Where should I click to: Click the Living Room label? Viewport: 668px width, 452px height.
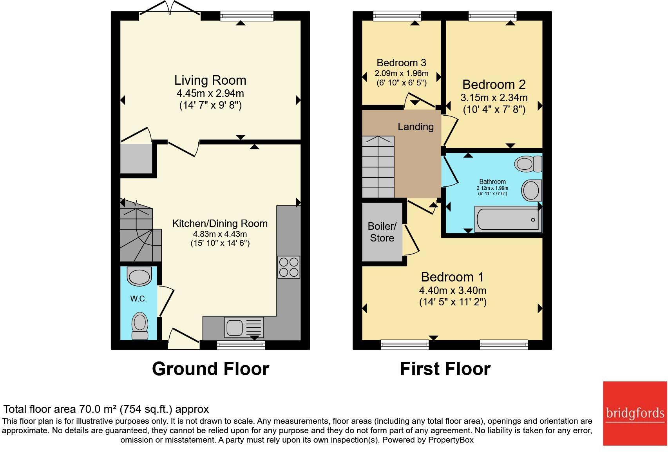pyautogui.click(x=210, y=80)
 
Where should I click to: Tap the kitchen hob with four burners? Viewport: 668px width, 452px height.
pyautogui.click(x=289, y=267)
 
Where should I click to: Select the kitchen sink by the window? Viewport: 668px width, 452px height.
pyautogui.click(x=244, y=327)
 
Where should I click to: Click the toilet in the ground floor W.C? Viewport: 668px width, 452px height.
pyautogui.click(x=140, y=326)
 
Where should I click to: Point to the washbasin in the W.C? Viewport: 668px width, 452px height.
pyautogui.click(x=139, y=276)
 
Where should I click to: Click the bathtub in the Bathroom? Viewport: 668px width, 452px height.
pyautogui.click(x=508, y=219)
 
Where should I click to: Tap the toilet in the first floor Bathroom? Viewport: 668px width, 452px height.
pyautogui.click(x=528, y=164)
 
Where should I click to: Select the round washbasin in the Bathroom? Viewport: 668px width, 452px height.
pyautogui.click(x=531, y=190)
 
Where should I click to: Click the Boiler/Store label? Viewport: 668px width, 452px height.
pyautogui.click(x=382, y=232)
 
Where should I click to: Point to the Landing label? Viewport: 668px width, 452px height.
pyautogui.click(x=416, y=127)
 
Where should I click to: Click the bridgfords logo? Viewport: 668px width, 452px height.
pyautogui.click(x=635, y=414)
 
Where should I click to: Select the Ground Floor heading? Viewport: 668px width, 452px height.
pyautogui.click(x=210, y=369)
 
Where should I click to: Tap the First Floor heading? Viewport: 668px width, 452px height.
pyautogui.click(x=445, y=369)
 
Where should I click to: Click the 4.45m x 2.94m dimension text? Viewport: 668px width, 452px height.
pyautogui.click(x=210, y=93)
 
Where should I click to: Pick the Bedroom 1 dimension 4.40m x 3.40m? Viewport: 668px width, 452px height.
pyautogui.click(x=453, y=290)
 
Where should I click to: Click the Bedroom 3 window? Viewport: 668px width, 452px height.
pyautogui.click(x=397, y=16)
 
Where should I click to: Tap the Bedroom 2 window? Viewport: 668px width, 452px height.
pyautogui.click(x=492, y=16)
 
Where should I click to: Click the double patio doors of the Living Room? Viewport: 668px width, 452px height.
pyautogui.click(x=170, y=8)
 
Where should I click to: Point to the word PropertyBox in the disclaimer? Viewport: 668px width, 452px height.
pyautogui.click(x=451, y=440)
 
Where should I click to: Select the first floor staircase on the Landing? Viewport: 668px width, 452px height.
pyautogui.click(x=378, y=167)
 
